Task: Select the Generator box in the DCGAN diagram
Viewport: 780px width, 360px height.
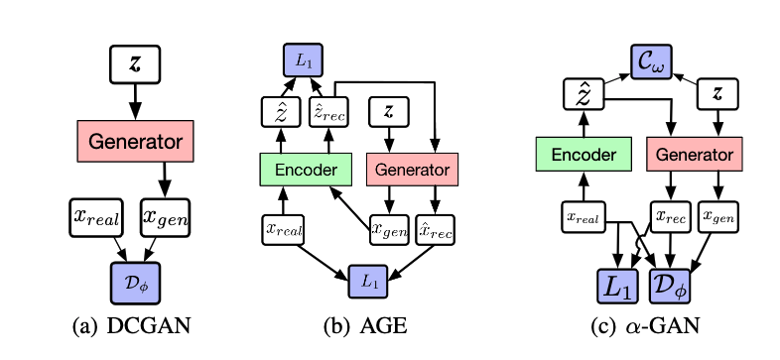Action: [x=136, y=141]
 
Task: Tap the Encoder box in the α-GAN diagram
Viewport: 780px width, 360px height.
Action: [x=582, y=156]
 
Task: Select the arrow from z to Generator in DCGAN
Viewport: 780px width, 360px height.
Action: [x=136, y=102]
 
